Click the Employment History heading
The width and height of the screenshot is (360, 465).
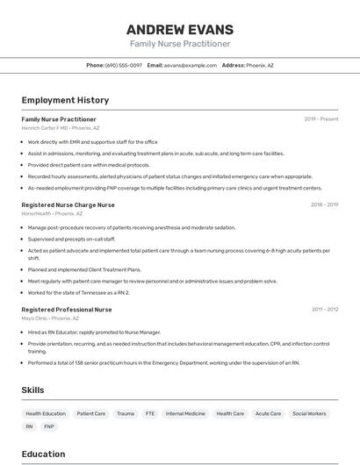[x=65, y=101]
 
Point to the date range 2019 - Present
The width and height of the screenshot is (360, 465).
[x=321, y=118]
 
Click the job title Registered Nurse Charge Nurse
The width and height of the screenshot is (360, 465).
[x=68, y=204]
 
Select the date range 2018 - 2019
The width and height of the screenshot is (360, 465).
[x=324, y=204]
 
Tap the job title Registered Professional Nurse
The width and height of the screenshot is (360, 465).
[x=67, y=310]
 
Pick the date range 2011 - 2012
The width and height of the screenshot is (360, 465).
[x=325, y=310]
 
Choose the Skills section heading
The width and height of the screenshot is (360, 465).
[x=33, y=390]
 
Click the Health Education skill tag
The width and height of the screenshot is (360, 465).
[x=46, y=413]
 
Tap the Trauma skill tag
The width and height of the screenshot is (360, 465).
[x=126, y=413]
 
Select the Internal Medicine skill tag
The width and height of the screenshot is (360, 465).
[x=185, y=413]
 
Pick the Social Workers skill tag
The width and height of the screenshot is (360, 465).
[x=309, y=413]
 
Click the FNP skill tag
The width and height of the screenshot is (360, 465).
[x=49, y=426]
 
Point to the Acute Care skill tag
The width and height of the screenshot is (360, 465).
[x=269, y=413]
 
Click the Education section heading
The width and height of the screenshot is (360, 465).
[x=43, y=454]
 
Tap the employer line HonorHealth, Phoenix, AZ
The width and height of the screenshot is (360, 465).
[x=53, y=213]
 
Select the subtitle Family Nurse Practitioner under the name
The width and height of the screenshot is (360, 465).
[x=180, y=44]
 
